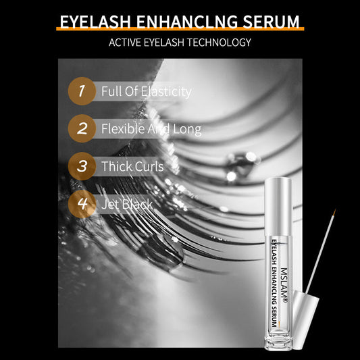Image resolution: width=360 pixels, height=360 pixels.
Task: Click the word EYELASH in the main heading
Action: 95,22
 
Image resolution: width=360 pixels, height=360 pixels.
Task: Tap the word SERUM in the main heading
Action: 271,22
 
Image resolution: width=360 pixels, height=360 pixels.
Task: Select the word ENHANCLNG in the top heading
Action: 186,22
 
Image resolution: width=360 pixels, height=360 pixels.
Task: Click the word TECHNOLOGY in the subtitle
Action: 219,43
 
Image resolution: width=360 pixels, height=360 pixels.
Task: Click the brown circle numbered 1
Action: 82,91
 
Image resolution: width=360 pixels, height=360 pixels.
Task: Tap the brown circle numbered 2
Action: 82,128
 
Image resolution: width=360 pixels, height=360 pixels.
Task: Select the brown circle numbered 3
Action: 82,166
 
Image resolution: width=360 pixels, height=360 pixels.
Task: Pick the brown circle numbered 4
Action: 82,204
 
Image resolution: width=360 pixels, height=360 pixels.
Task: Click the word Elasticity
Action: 166,92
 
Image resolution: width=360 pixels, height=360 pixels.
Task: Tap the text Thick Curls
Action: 132,166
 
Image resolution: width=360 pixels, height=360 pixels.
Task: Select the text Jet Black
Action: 127,204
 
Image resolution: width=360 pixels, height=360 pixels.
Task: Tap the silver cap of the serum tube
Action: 278,207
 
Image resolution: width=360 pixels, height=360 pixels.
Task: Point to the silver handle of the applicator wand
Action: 305,319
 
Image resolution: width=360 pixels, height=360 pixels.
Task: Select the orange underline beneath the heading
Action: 180,28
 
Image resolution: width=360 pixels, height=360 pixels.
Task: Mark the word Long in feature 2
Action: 187,129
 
